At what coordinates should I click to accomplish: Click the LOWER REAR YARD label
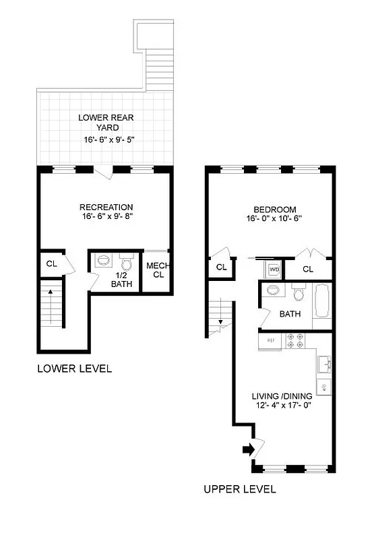point(106,122)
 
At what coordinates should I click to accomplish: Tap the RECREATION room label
point(106,207)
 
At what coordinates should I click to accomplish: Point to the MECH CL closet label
point(157,270)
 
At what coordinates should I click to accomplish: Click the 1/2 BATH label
point(121,279)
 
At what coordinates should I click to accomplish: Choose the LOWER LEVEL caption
point(74,369)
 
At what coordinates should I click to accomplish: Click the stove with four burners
point(296,341)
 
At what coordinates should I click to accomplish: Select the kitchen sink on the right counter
point(323,366)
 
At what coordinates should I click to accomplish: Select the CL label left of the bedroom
point(221,267)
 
